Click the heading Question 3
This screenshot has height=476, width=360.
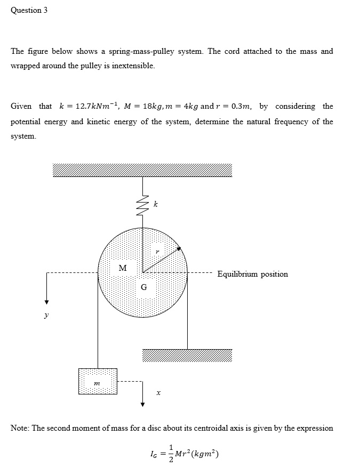pyautogui.click(x=29, y=11)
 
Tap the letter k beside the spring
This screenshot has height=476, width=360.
pyautogui.click(x=155, y=204)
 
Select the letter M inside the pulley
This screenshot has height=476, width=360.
pyautogui.click(x=122, y=268)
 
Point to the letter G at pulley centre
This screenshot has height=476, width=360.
pyautogui.click(x=144, y=287)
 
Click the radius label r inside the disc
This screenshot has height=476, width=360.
pyautogui.click(x=157, y=250)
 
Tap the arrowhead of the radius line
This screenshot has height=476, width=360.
pyautogui.click(x=180, y=248)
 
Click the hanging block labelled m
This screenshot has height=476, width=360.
pyautogui.click(x=98, y=381)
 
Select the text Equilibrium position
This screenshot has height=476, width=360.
pyautogui.click(x=252, y=274)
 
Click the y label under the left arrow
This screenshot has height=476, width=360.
pyautogui.click(x=46, y=316)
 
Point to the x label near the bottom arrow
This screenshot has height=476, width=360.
pyautogui.click(x=158, y=393)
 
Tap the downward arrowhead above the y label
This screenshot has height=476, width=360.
pyautogui.click(x=46, y=302)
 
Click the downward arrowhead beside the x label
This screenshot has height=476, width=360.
pyautogui.click(x=142, y=404)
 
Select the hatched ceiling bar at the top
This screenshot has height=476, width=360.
pyautogui.click(x=142, y=170)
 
